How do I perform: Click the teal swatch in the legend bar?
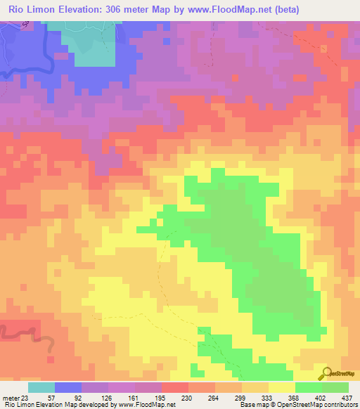coord(41,387)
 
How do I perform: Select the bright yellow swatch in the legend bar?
coord(281,387)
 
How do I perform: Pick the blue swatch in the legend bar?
coord(67,387)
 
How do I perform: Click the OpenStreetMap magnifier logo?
coord(326,373)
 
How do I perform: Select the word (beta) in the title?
coord(287,10)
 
